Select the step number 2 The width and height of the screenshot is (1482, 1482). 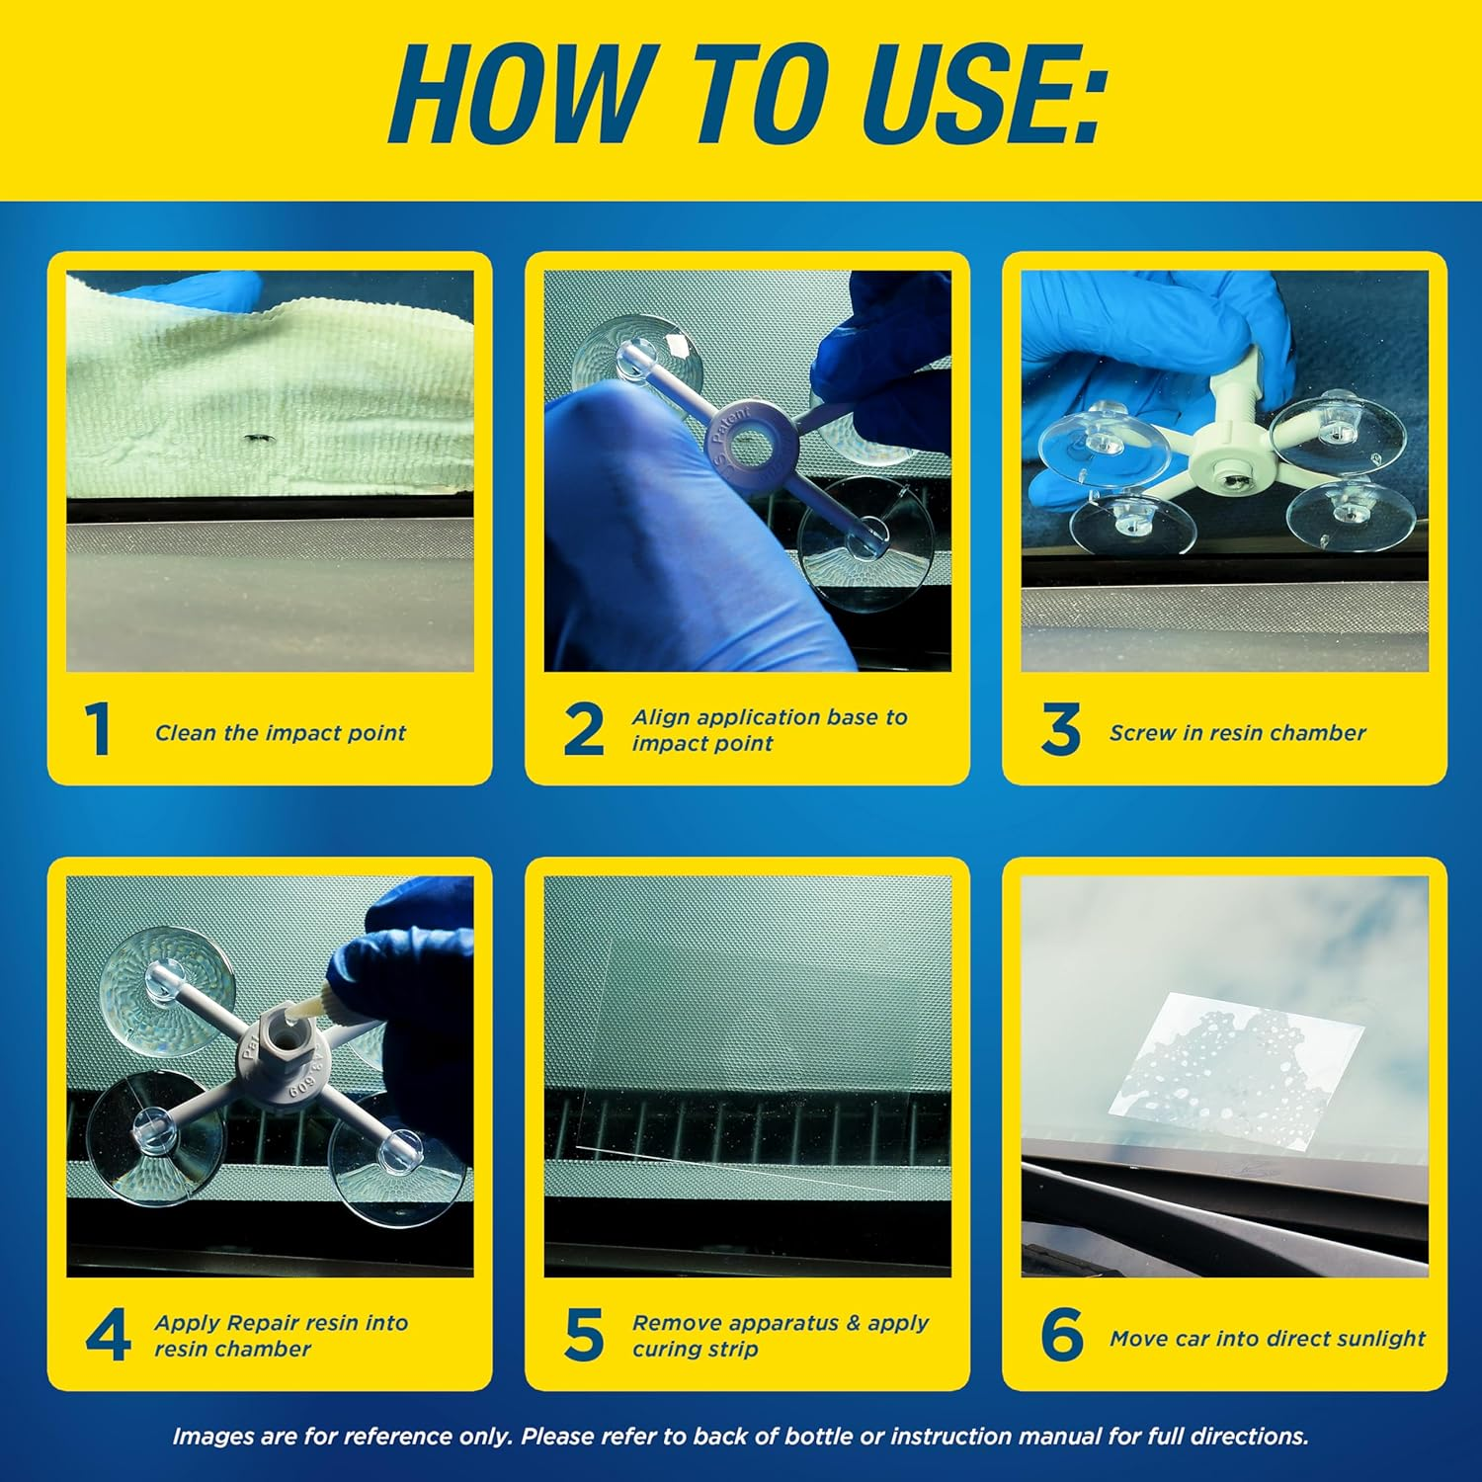(583, 730)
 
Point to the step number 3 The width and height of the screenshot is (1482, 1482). (1060, 730)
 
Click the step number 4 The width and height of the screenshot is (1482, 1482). (108, 1336)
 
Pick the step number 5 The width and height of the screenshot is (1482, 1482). (584, 1336)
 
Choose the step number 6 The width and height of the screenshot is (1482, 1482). (1062, 1336)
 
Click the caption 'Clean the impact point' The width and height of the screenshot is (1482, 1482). (280, 733)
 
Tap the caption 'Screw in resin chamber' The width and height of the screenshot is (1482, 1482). (1237, 733)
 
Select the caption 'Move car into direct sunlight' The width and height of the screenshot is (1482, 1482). (1267, 1339)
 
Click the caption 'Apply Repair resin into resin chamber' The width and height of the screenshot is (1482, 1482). (281, 1336)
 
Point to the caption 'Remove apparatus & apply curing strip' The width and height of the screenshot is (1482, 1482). (781, 1336)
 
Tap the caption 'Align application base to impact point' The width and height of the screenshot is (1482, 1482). (769, 730)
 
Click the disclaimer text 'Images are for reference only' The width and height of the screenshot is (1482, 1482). (740, 1437)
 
